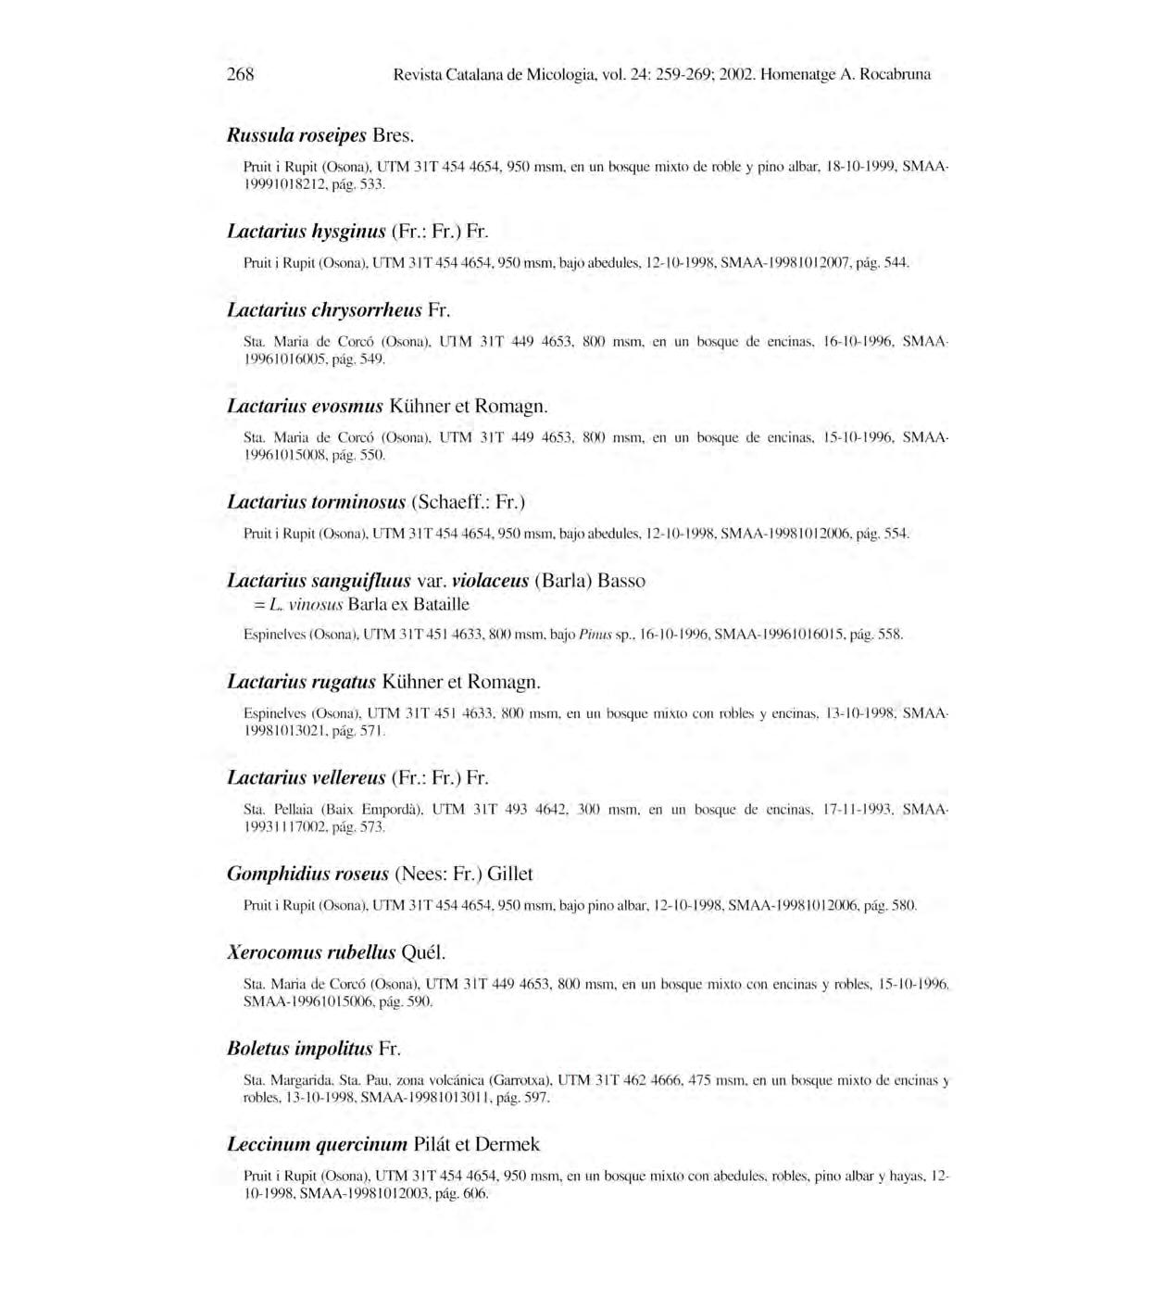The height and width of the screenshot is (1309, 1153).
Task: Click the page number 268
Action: point(241,74)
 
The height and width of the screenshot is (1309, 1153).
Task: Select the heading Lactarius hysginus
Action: point(307,231)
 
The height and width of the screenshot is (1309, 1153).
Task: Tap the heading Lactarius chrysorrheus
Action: point(324,309)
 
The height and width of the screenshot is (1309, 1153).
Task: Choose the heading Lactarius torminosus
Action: point(317,502)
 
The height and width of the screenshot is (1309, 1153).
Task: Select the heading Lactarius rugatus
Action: point(302,683)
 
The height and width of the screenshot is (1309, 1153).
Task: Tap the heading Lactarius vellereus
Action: point(307,777)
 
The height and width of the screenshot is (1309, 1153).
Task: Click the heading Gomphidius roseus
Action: point(307,874)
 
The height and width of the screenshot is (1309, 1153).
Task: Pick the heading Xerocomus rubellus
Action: point(311,952)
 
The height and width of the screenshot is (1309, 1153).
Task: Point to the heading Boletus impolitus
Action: point(300,1049)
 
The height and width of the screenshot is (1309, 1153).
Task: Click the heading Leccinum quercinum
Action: point(317,1144)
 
